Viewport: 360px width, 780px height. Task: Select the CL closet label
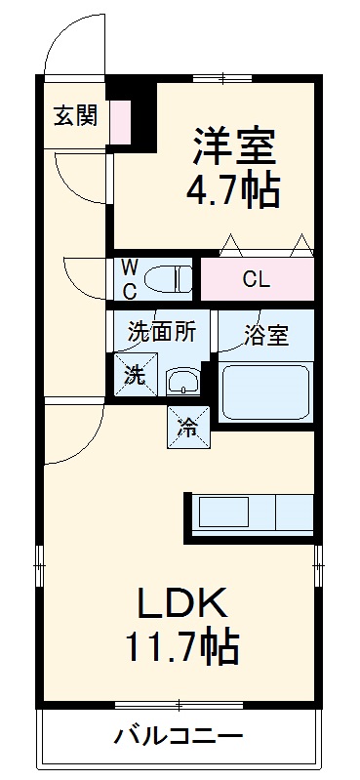pos(256,280)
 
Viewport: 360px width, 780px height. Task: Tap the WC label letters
pos(129,278)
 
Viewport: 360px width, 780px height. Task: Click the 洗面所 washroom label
pos(162,332)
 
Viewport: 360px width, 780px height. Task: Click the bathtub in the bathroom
pos(265,390)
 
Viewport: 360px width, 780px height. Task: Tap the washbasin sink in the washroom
pos(182,381)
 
